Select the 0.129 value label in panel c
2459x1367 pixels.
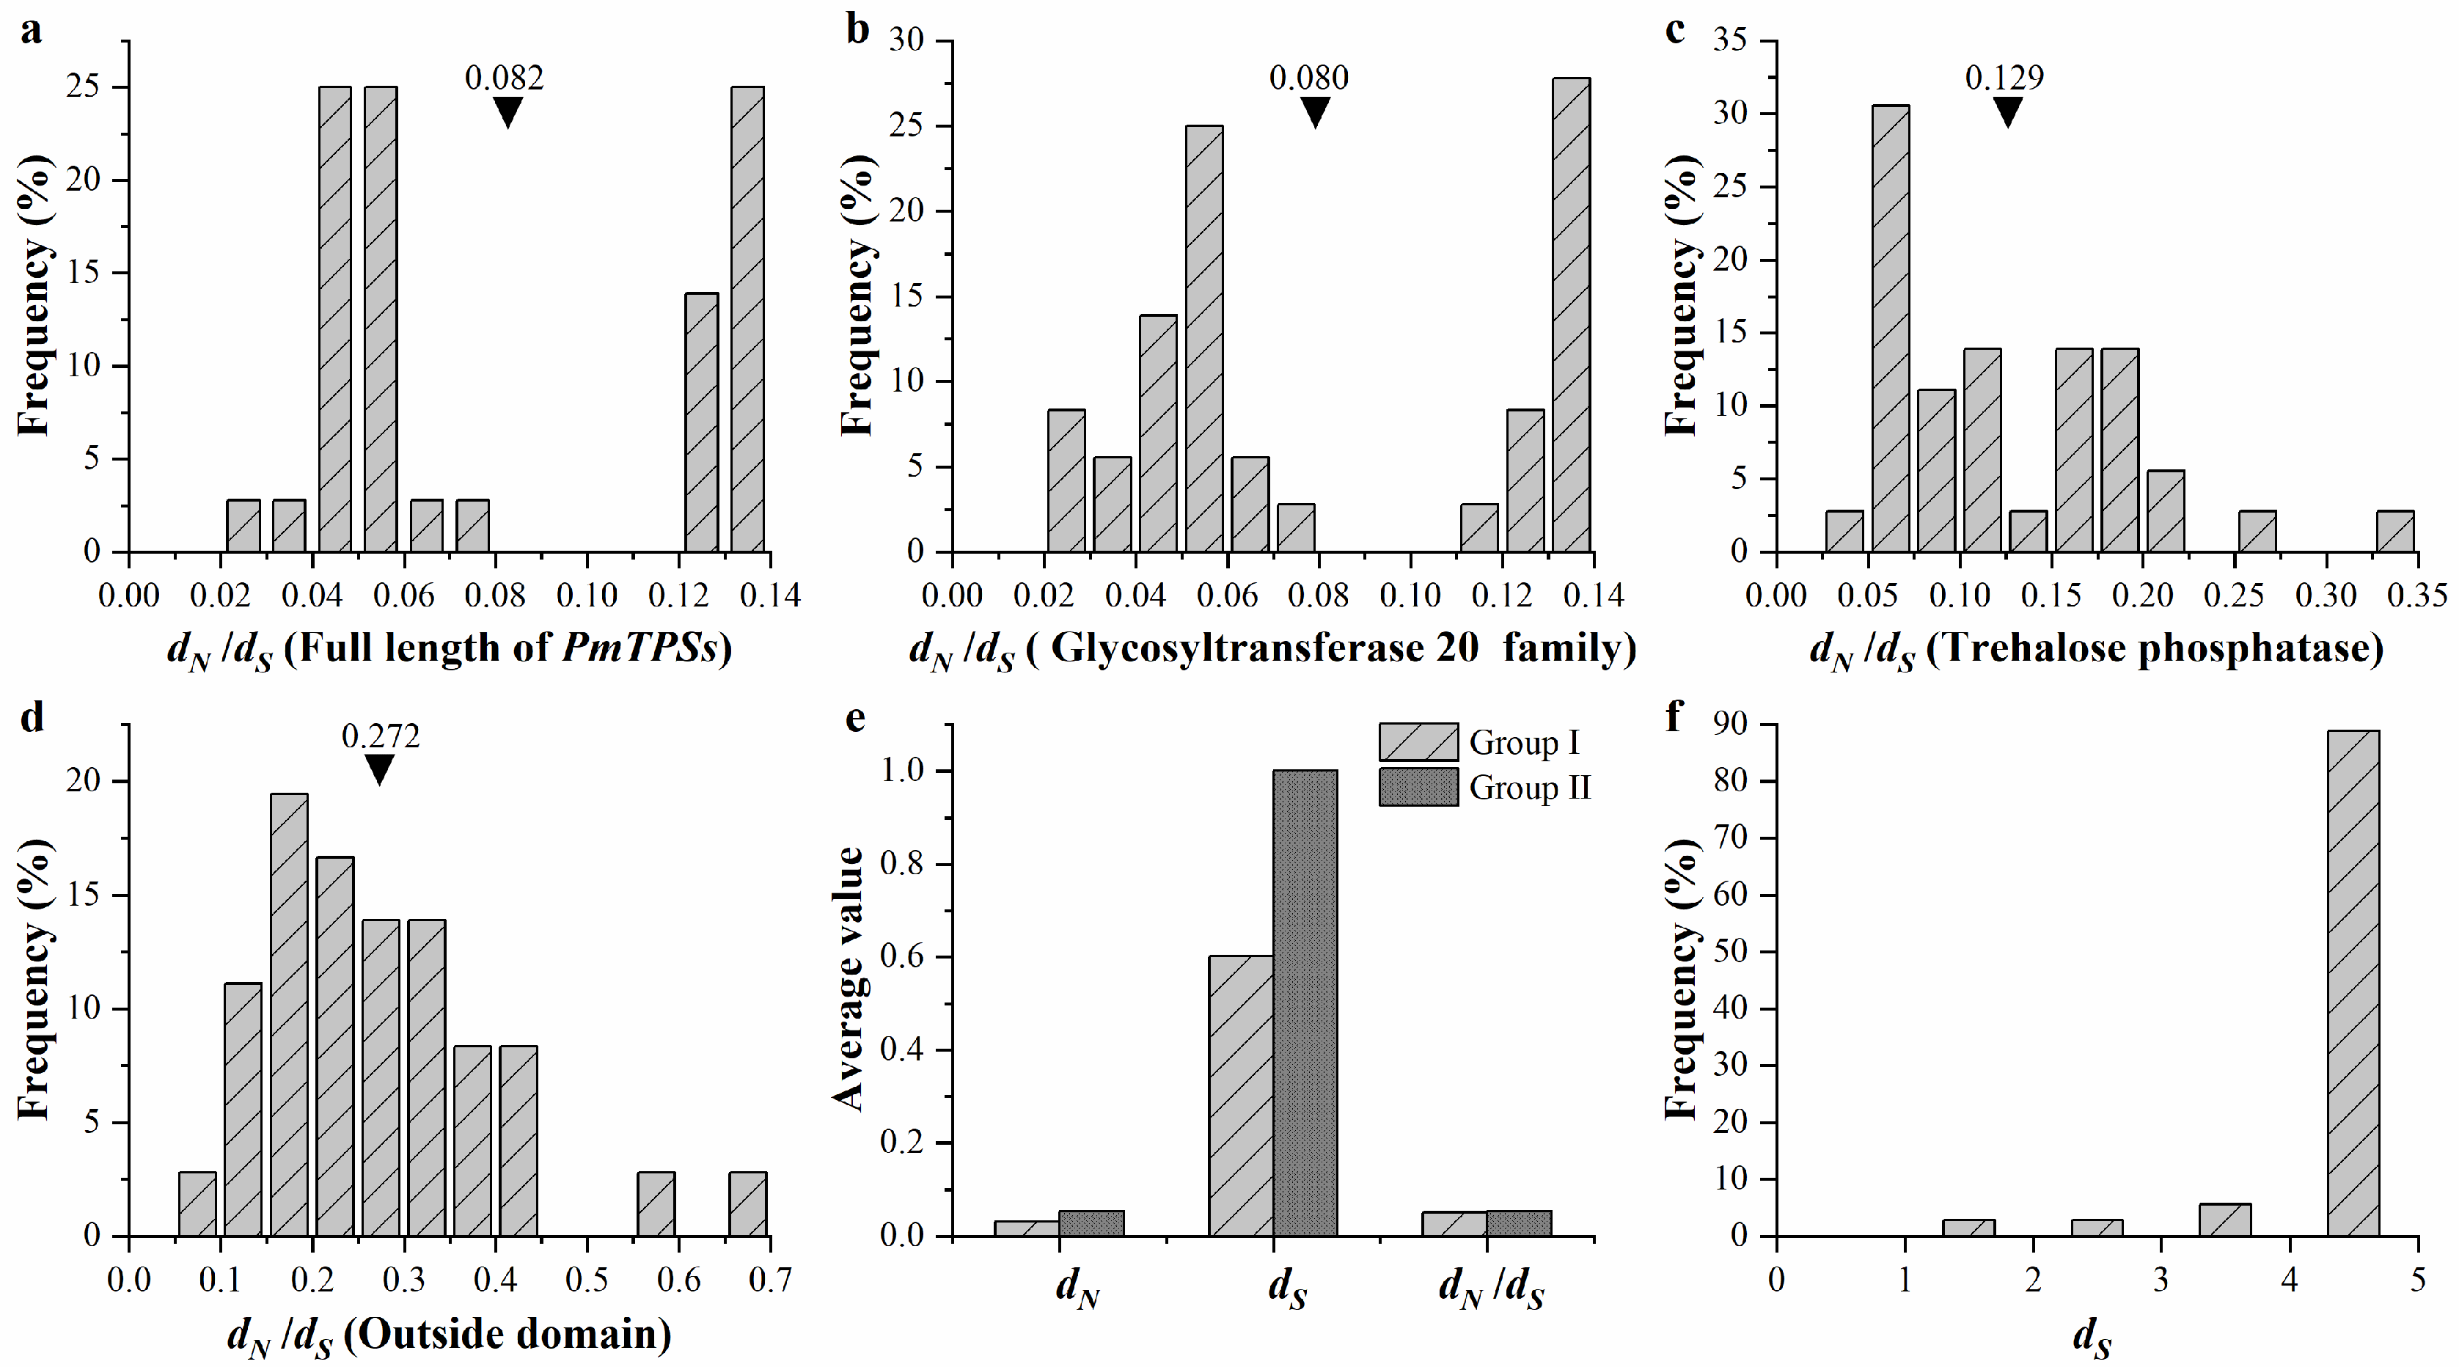(2004, 77)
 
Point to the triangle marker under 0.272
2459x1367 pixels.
(379, 769)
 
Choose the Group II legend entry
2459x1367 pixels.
(1484, 788)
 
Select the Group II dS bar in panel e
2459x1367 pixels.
(1305, 1003)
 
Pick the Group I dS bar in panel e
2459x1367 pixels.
(1240, 1096)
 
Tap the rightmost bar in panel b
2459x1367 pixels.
(1571, 315)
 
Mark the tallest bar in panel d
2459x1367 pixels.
(288, 1015)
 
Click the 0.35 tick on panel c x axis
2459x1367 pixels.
(2417, 595)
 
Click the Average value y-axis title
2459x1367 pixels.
(848, 978)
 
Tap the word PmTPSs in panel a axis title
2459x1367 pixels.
(639, 649)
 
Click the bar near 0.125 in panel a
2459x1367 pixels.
(702, 422)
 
